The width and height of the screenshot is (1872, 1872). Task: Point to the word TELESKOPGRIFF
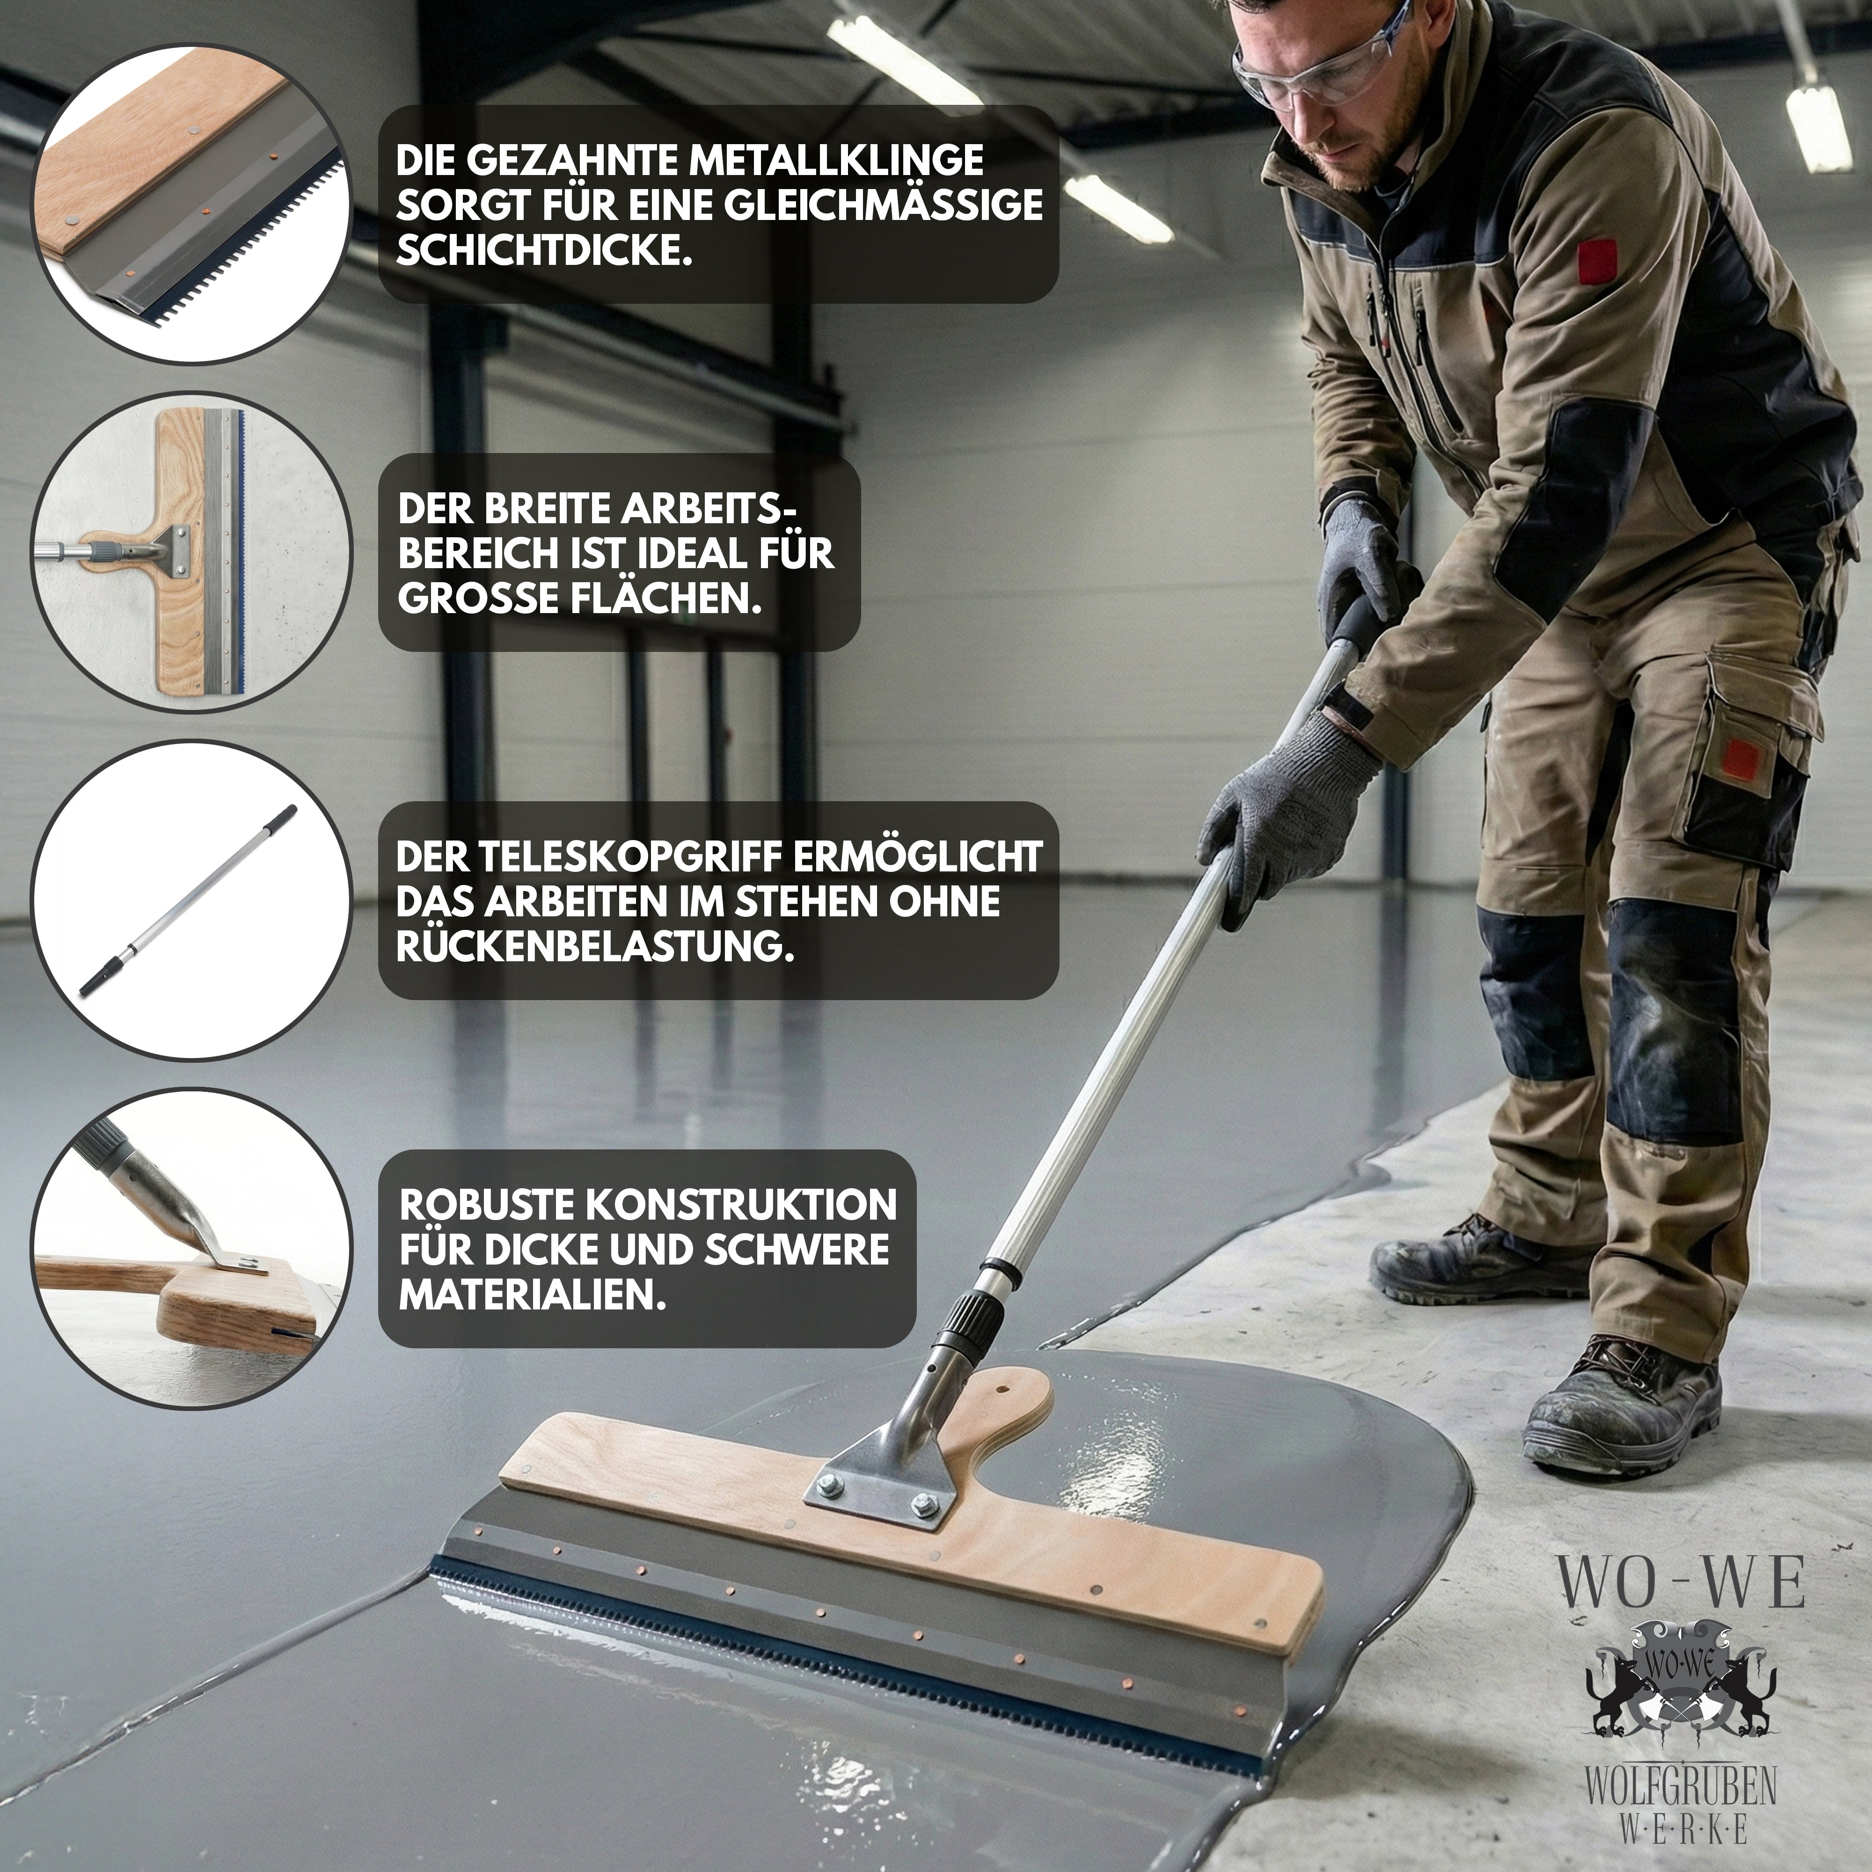(633, 856)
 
